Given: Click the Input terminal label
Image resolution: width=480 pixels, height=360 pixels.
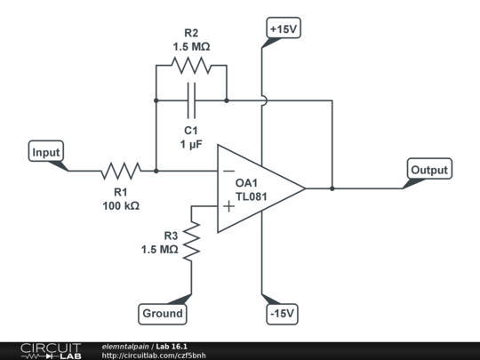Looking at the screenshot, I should click(46, 153).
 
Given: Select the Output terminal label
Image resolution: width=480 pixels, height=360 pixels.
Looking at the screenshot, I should click(429, 170).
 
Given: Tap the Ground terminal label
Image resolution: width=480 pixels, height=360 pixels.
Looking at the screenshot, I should click(163, 313).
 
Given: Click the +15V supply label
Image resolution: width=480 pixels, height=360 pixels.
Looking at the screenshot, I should click(283, 28).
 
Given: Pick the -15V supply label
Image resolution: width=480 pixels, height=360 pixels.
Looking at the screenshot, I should click(283, 313).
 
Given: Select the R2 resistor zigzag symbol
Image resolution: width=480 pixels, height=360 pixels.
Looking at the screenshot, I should click(191, 64).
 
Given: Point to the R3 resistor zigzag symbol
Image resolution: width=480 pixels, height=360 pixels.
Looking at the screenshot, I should click(191, 241).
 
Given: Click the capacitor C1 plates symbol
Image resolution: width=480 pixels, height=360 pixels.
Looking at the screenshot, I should click(191, 100).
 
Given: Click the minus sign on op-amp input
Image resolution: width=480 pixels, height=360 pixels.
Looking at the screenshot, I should click(228, 171).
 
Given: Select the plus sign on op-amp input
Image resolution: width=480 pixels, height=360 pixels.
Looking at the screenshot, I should click(228, 206).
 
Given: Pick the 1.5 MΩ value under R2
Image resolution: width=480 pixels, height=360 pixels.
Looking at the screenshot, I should click(191, 46).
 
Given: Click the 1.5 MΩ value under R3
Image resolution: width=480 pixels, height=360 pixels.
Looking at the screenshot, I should click(159, 250).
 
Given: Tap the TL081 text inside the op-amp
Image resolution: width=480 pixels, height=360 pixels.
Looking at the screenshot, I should click(252, 197).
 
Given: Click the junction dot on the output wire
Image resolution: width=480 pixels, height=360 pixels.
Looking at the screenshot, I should click(332, 188).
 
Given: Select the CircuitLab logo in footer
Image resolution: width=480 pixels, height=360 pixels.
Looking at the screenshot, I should click(50, 350).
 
